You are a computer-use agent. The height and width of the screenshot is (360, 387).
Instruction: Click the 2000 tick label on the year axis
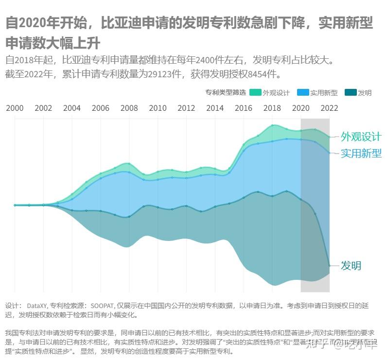pyautogui.click(x=15, y=108)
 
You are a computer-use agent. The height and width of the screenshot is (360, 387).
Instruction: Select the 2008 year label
pyautogui.click(x=129, y=108)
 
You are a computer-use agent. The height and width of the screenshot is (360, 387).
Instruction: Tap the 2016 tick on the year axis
pyautogui.click(x=243, y=108)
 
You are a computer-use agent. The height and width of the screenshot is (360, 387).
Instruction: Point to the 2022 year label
pyautogui.click(x=329, y=108)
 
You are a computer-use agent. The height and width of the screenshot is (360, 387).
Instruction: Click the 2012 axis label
pyautogui.click(x=186, y=108)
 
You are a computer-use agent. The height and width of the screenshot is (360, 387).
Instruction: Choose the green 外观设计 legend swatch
pyautogui.click(x=255, y=93)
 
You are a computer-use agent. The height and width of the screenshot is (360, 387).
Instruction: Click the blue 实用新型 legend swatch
pyautogui.click(x=303, y=93)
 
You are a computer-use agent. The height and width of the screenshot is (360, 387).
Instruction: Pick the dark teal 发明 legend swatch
pyautogui.click(x=350, y=93)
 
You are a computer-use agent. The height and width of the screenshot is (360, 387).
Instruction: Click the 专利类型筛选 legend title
pyautogui.click(x=226, y=93)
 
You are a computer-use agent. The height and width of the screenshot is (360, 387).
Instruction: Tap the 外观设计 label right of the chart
pyautogui.click(x=361, y=137)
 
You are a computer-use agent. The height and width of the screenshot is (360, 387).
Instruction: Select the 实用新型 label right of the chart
pyautogui.click(x=361, y=154)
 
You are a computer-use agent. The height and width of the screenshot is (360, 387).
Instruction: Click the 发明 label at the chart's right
pyautogui.click(x=351, y=266)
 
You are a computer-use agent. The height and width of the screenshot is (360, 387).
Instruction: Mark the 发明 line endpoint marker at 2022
pyautogui.click(x=330, y=266)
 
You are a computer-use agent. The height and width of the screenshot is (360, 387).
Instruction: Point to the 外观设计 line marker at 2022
pyautogui.click(x=330, y=137)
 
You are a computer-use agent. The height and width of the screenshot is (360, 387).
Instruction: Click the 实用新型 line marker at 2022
pyautogui.click(x=330, y=153)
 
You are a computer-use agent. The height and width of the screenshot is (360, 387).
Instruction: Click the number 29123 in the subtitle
pyautogui.click(x=168, y=75)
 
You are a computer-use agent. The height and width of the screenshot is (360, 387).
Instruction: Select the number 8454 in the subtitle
pyautogui.click(x=259, y=75)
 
